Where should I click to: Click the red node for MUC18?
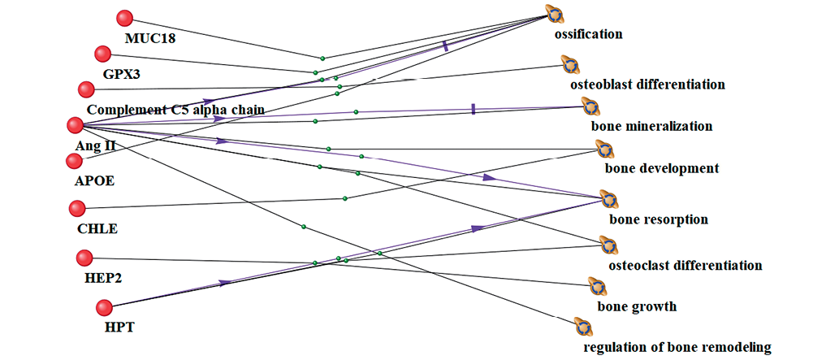tap(124, 19)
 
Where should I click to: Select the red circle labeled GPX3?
tap(103, 54)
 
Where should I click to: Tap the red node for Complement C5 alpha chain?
tap(86, 89)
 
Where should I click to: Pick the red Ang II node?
tap(76, 125)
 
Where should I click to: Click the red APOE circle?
tap(75, 160)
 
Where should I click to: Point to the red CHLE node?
tap(79, 209)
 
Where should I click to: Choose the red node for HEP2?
tap(84, 258)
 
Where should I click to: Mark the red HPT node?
tap(103, 308)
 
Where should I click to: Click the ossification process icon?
tap(555, 14)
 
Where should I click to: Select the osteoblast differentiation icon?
tap(569, 65)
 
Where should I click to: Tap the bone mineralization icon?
tap(590, 106)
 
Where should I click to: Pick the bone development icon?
tap(603, 150)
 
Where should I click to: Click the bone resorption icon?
tap(608, 200)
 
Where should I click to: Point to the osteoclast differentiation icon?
tap(608, 245)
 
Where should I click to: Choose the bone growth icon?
tap(597, 287)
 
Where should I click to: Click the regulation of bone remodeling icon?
tap(582, 327)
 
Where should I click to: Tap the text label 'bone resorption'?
tap(659, 219)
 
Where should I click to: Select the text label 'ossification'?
tap(588, 34)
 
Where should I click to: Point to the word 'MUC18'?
tap(150, 38)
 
